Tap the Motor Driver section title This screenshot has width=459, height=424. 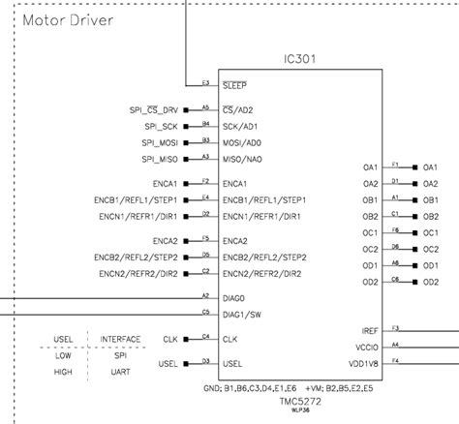tap(67, 19)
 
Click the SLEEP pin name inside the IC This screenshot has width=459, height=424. tap(235, 85)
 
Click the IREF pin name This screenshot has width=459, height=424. tap(366, 331)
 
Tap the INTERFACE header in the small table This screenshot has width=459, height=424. tap(120, 339)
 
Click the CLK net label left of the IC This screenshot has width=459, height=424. tap(171, 339)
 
